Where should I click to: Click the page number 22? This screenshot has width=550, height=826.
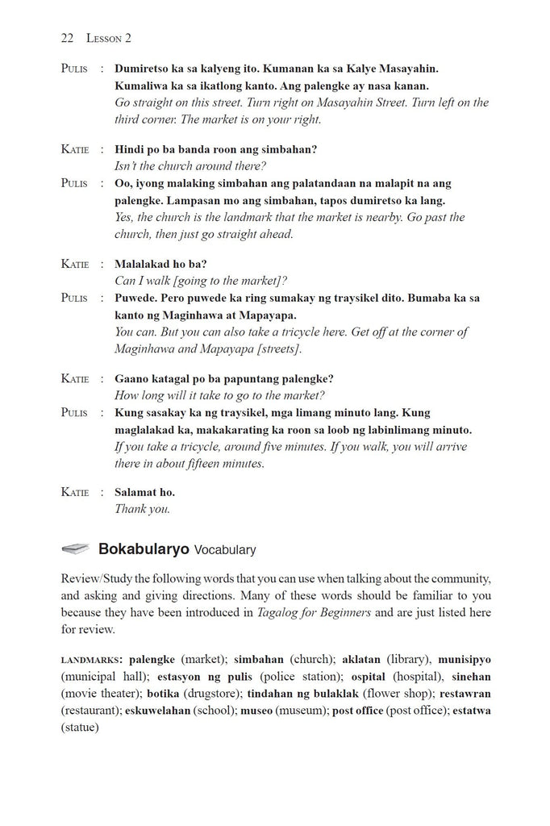click(x=67, y=38)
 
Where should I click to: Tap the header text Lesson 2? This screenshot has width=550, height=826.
click(x=105, y=38)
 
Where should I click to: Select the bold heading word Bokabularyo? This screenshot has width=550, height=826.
click(x=144, y=549)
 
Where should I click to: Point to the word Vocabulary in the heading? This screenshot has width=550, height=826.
click(x=225, y=550)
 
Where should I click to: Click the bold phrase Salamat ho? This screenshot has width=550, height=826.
click(x=144, y=492)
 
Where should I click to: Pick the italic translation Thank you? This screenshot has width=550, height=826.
click(x=142, y=509)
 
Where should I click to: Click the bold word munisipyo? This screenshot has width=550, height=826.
click(x=465, y=659)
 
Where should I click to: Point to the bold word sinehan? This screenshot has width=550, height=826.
click(x=471, y=676)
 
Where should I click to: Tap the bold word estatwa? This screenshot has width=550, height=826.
click(x=472, y=710)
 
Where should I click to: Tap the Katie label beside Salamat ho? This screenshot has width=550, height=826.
click(x=75, y=492)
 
